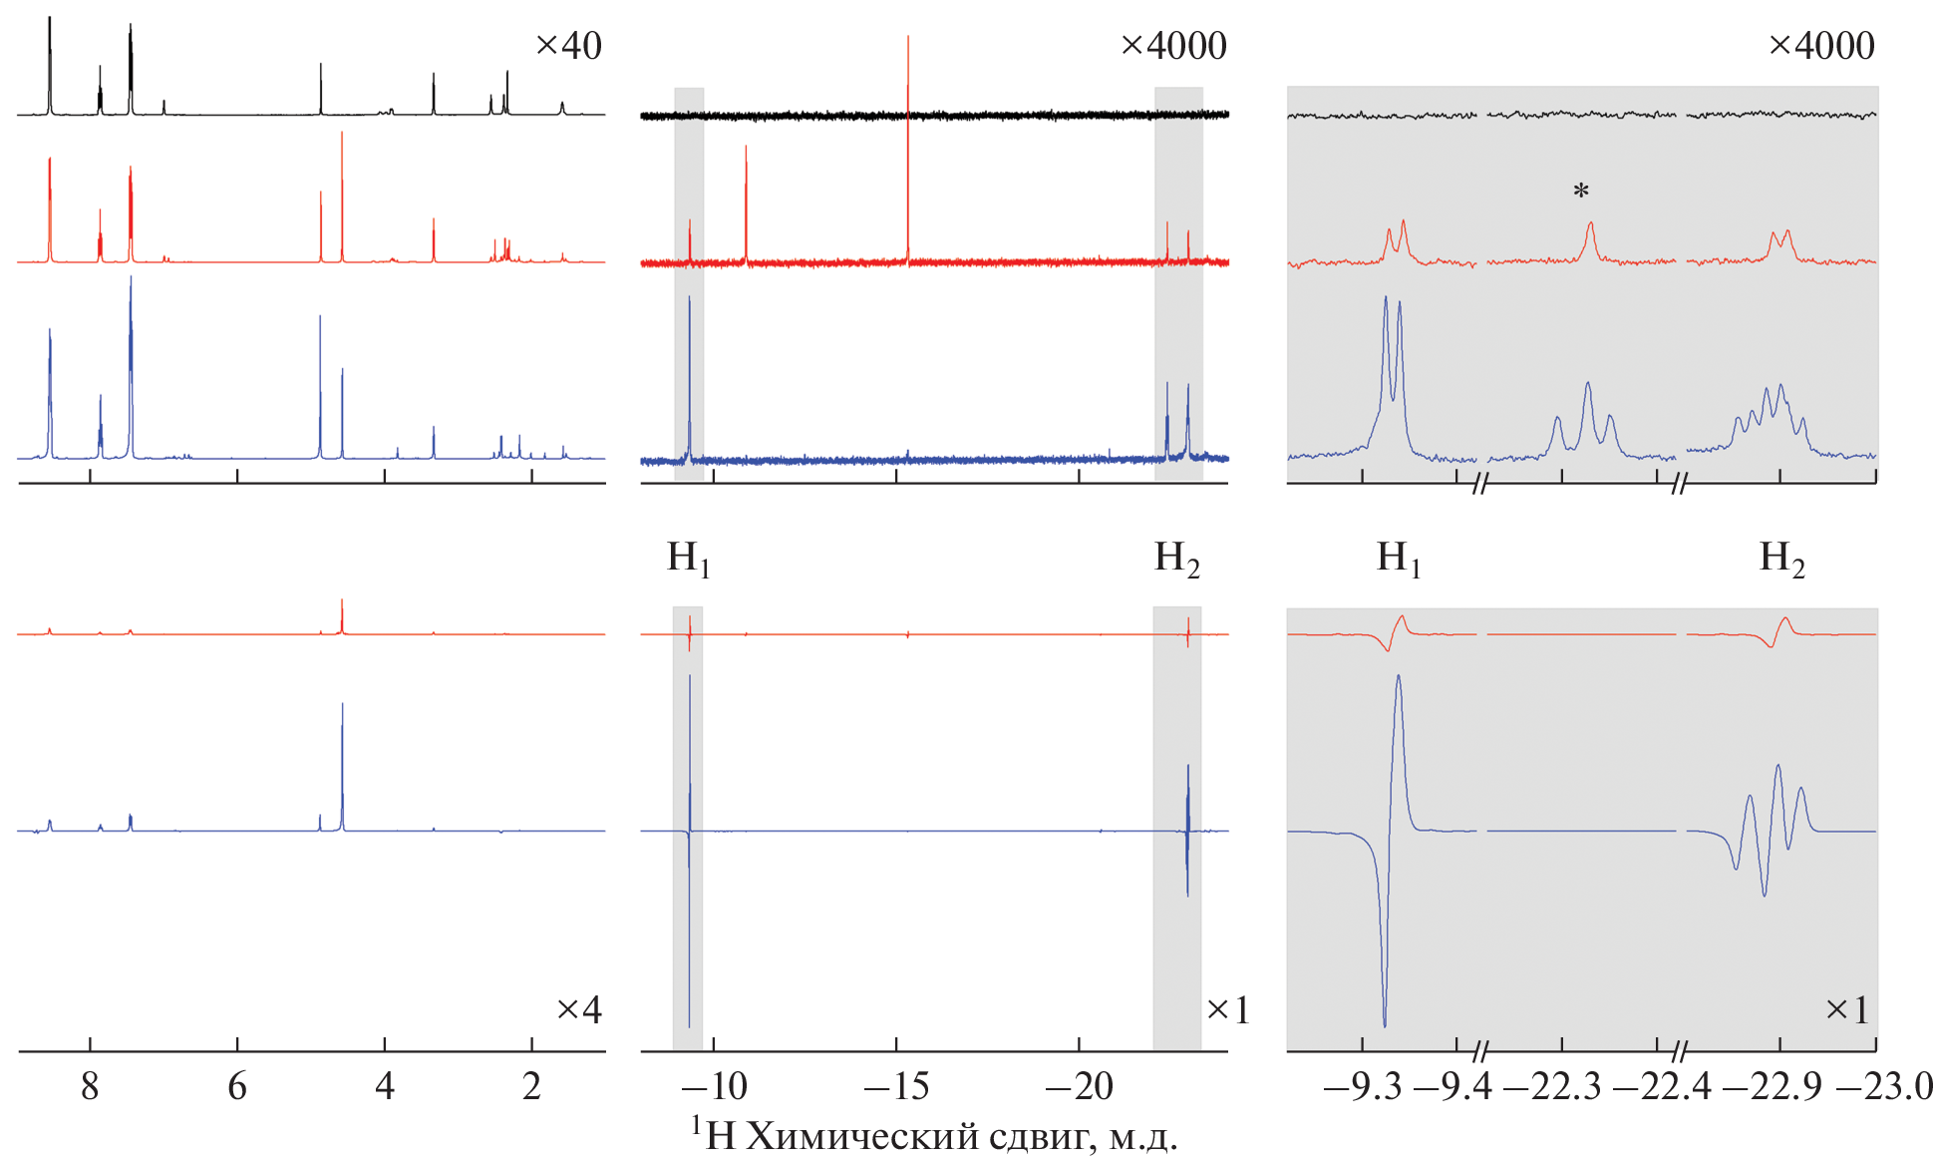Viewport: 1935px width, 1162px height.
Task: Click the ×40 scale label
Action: pyautogui.click(x=568, y=46)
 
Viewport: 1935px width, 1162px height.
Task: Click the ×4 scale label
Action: pyautogui.click(x=578, y=1009)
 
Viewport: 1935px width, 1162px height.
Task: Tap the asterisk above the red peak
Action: pyautogui.click(x=1581, y=192)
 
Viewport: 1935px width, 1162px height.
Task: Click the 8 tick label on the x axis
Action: pyautogui.click(x=90, y=1086)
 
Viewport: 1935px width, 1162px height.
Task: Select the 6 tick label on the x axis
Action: pyautogui.click(x=237, y=1086)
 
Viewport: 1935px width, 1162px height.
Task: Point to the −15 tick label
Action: pyautogui.click(x=896, y=1086)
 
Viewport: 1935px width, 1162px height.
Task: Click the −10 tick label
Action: pyautogui.click(x=714, y=1086)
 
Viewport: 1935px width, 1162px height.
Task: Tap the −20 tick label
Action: pyautogui.click(x=1080, y=1086)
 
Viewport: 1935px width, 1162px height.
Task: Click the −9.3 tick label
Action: pyautogui.click(x=1362, y=1086)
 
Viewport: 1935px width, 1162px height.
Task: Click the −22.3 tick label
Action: pyautogui.click(x=1552, y=1086)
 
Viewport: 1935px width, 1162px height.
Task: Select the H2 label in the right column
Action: pyautogui.click(x=1781, y=559)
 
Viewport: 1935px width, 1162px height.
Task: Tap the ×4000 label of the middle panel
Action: pyautogui.click(x=1173, y=46)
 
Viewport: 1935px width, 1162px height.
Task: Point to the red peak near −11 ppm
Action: pyautogui.click(x=746, y=199)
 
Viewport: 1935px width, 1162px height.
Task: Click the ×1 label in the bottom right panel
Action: pyautogui.click(x=1846, y=1009)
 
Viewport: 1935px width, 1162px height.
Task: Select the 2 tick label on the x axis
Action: pyautogui.click(x=531, y=1086)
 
